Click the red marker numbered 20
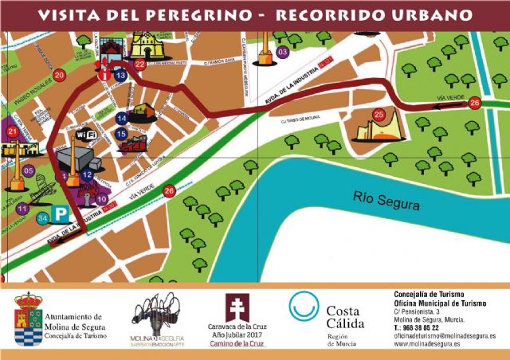click(x=59, y=76)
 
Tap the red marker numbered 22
click(x=140, y=65)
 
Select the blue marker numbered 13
click(x=120, y=75)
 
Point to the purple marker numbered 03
click(x=283, y=53)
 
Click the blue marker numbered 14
click(x=121, y=118)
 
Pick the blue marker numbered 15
click(x=121, y=134)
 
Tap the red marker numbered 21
click(x=11, y=131)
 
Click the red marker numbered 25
click(x=379, y=115)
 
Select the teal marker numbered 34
click(x=42, y=217)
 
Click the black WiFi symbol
click(x=87, y=136)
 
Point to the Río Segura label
click(x=386, y=204)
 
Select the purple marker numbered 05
click(x=28, y=170)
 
